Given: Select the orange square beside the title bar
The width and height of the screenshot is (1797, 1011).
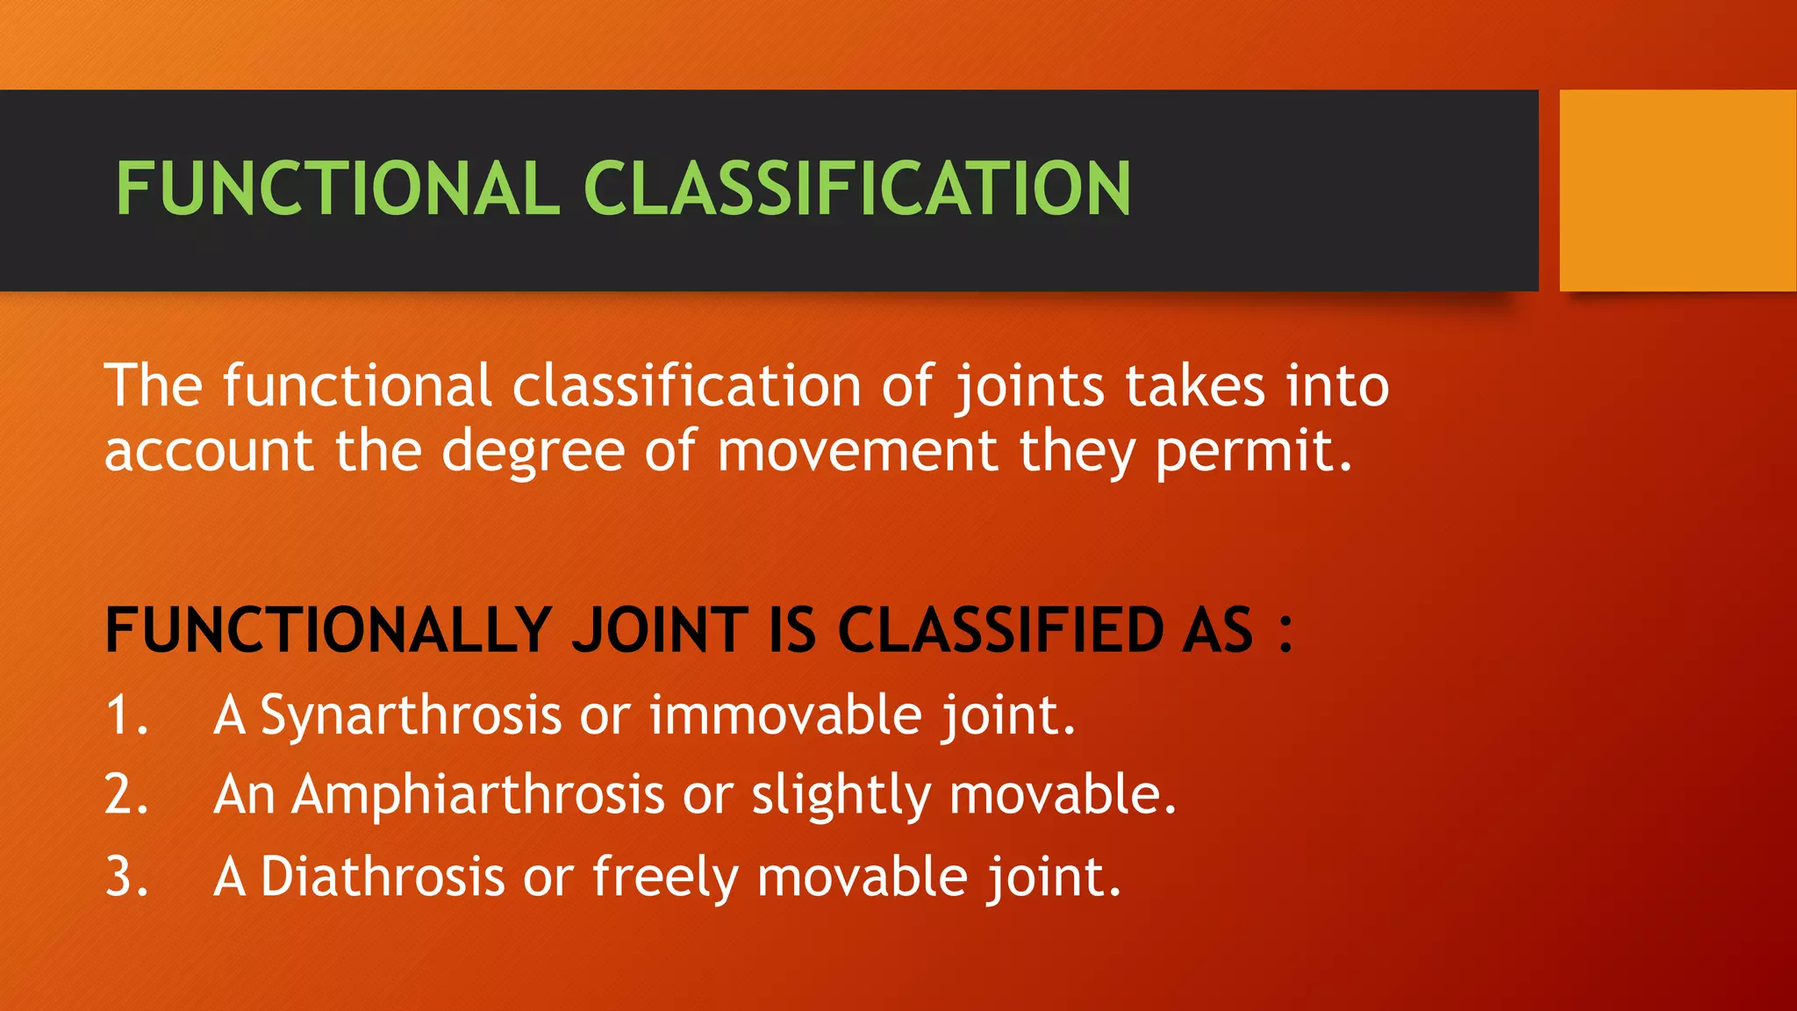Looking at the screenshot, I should click(1678, 190).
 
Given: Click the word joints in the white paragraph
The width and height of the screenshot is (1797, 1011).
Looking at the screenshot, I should click(1029, 387).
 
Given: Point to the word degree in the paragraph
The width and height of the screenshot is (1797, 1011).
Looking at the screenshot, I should click(533, 453).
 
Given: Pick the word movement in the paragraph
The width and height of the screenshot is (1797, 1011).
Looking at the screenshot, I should click(857, 451).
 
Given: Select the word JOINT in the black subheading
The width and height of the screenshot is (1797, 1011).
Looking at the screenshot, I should click(660, 630).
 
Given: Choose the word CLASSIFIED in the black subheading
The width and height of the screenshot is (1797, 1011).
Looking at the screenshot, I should click(1000, 630).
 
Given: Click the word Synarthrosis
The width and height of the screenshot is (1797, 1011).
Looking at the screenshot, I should click(411, 716).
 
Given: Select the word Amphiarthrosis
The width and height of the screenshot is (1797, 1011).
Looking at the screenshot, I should click(478, 796).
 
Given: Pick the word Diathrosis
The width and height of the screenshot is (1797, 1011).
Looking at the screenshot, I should click(383, 876).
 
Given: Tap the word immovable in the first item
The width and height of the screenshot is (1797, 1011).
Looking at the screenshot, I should click(785, 715).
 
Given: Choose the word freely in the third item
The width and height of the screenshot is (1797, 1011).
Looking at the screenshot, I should click(665, 878).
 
